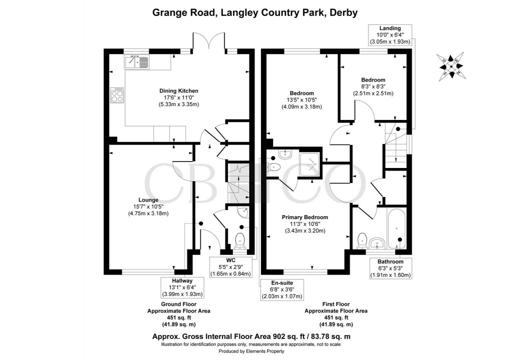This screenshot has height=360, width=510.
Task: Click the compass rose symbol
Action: coord(452,65)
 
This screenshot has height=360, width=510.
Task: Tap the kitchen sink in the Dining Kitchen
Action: coord(136,62)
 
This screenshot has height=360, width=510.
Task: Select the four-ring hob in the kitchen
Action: coord(117,95)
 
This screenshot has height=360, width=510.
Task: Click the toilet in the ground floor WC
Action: coord(240,239)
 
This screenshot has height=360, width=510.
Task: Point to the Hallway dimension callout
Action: coord(178,288)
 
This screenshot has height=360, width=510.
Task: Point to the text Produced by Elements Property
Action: coord(255,352)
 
